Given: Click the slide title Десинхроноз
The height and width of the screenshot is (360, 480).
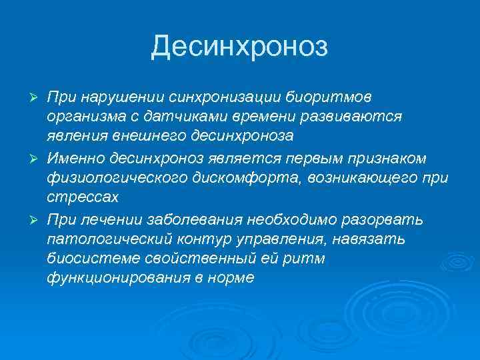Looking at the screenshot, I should [239, 47].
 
